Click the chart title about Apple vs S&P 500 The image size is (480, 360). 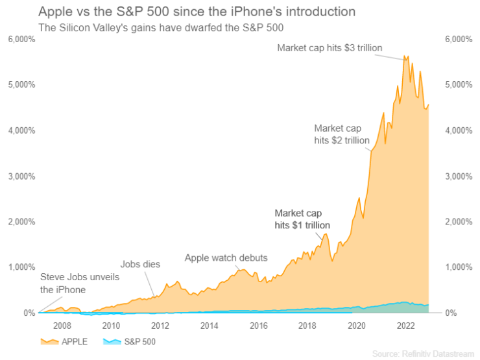197,12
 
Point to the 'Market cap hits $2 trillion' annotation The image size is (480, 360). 342,134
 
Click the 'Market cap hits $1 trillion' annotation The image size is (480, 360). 302,219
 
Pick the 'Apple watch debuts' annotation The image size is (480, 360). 226,258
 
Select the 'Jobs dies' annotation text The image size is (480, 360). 140,264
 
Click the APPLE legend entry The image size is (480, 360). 65,341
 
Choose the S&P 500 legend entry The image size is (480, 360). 129,341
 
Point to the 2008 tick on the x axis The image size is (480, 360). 62,326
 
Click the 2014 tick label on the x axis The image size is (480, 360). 210,326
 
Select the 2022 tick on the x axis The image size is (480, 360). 406,326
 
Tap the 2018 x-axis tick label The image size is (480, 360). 308,326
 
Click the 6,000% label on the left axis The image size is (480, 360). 22,39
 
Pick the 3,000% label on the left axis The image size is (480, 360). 22,176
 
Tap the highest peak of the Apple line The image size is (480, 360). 405,56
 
